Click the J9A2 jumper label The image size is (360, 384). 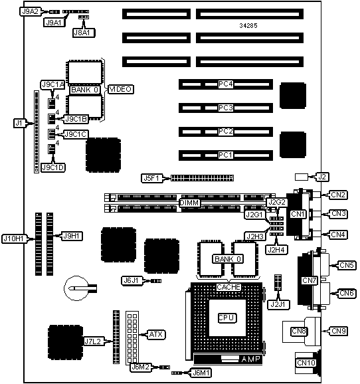coord(30,11)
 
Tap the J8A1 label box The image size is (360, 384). coord(84,33)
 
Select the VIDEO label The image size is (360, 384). coord(120,90)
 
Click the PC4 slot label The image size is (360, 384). coord(226,84)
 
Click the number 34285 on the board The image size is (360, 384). coord(248,26)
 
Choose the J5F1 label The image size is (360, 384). coord(152,178)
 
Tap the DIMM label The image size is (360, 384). coord(189,203)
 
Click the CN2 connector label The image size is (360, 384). coord(338,195)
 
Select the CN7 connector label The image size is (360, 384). coord(310,280)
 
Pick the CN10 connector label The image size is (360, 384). coord(306,363)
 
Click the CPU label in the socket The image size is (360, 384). coord(227,318)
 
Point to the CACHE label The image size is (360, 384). coord(228,287)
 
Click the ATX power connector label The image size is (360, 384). coord(156,334)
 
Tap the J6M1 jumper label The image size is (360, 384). coord(201,373)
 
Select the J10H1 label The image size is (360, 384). coord(14,239)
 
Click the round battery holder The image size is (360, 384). coord(76,288)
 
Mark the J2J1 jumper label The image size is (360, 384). coord(278,305)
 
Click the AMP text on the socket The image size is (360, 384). coord(250,359)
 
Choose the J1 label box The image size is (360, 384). coord(19,123)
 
